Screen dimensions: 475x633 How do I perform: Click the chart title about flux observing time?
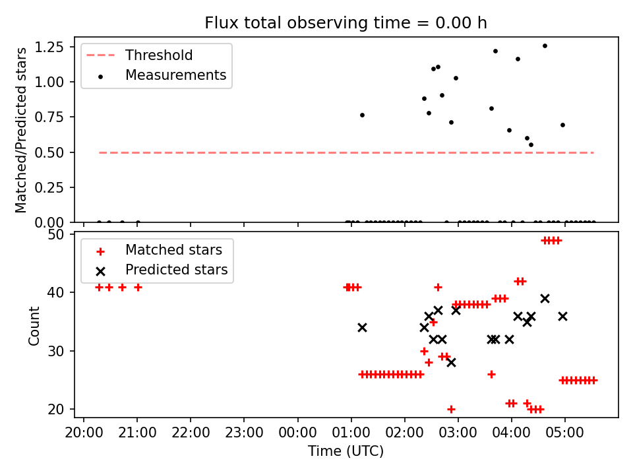[346, 23]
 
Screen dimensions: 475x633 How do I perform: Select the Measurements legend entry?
[175, 75]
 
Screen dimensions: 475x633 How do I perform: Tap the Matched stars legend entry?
[173, 250]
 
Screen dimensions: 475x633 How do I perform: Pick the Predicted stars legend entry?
[176, 270]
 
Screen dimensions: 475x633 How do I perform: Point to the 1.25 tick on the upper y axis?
[59, 47]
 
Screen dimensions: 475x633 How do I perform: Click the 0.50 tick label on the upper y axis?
[59, 152]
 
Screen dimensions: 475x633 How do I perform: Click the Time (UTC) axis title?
[346, 451]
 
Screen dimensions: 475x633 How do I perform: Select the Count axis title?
[34, 325]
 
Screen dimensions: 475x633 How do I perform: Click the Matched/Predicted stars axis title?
[21, 130]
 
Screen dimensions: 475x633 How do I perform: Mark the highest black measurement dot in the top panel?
[545, 46]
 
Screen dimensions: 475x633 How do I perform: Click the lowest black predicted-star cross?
[451, 362]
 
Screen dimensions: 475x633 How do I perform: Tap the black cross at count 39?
[545, 298]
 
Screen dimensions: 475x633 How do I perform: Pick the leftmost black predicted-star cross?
[362, 327]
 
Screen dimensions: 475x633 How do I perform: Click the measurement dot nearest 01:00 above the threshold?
[362, 115]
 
